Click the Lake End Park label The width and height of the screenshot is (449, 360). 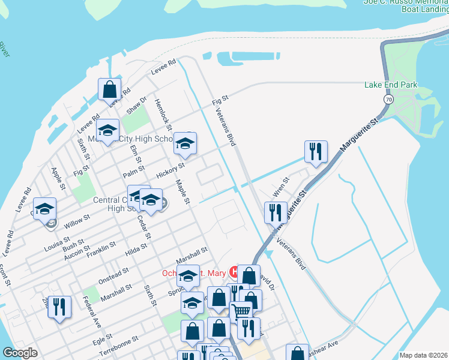(391, 85)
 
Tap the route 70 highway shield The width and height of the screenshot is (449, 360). (389, 99)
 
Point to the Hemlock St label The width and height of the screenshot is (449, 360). (163, 115)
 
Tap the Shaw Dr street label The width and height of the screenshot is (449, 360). (136, 106)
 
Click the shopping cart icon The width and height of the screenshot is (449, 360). (241, 311)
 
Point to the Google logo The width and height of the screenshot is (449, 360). (20, 353)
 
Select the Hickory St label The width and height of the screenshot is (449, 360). (170, 172)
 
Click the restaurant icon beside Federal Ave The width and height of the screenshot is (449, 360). (59, 307)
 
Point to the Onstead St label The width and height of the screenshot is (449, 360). (114, 274)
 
